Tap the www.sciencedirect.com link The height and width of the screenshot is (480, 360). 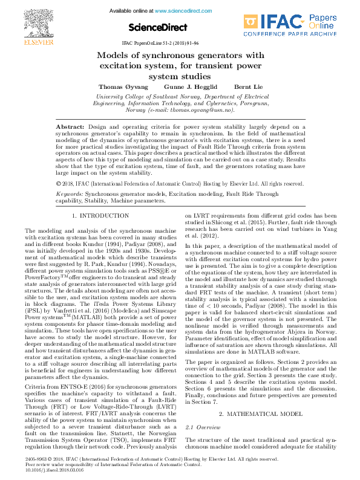pos(180,11)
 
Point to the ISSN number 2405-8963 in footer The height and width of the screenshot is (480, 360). pos(36,459)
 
